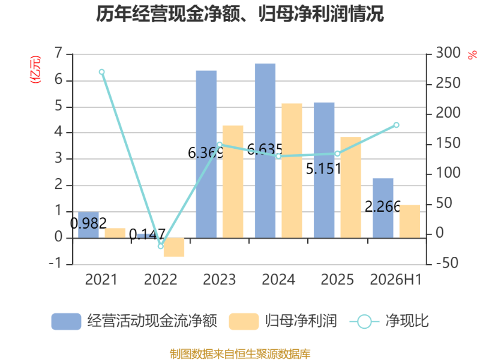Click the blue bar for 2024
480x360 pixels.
point(265,151)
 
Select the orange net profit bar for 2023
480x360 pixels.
point(233,182)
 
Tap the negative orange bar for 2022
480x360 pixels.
point(174,247)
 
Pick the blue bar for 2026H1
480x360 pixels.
point(383,208)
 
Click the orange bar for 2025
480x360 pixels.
point(351,187)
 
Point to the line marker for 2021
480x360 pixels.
point(102,72)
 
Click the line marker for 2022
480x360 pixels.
point(161,246)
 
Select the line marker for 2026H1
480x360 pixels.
point(397,125)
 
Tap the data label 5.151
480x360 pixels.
point(323,169)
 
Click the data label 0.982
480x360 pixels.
point(88,223)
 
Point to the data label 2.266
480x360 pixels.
point(383,206)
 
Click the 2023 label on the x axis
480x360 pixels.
point(220,280)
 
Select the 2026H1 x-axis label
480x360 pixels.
point(396,280)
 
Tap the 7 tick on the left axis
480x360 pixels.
point(58,53)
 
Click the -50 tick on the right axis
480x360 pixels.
point(447,263)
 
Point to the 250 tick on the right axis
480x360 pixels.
point(448,83)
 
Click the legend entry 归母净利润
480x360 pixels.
point(283,321)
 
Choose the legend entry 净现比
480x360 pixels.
point(389,321)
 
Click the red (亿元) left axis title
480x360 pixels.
point(35,70)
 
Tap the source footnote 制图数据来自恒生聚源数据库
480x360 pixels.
point(240,354)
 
